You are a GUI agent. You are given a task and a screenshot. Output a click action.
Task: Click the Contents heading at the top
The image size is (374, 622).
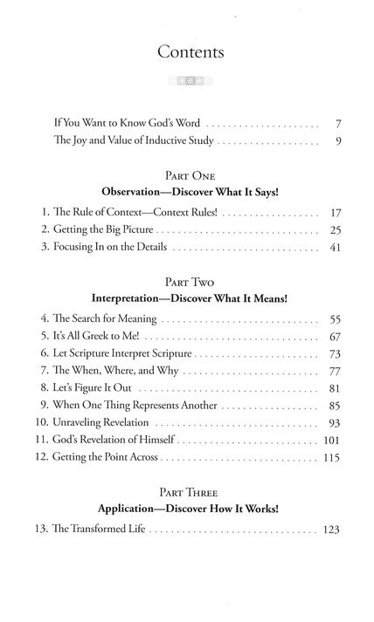[190, 52]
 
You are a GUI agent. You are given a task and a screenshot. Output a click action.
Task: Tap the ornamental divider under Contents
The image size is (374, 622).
[190, 85]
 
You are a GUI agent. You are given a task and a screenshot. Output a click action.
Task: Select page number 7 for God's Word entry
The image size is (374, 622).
[336, 124]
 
